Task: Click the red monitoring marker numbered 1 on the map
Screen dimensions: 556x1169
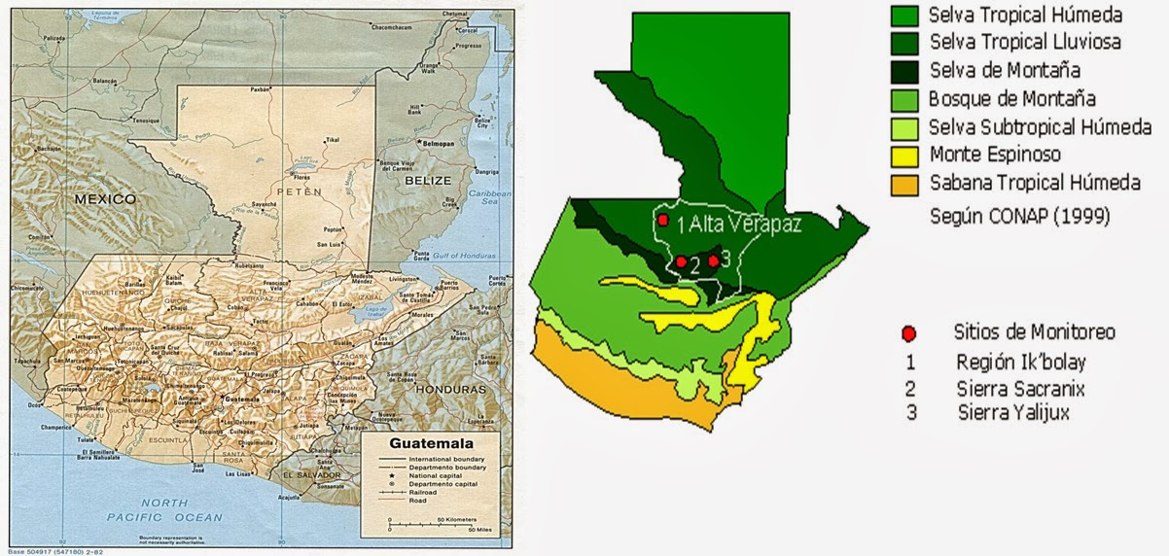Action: coord(662,221)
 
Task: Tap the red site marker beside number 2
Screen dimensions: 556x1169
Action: coord(682,261)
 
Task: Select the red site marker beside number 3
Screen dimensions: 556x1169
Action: coord(713,260)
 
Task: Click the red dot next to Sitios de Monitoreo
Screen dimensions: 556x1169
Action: coord(908,333)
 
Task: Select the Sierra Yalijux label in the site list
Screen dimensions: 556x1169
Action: coord(1020,413)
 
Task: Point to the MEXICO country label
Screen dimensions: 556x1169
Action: coord(104,198)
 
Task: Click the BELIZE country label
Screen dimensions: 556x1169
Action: coord(428,181)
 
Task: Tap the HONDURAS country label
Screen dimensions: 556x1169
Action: coord(449,388)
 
